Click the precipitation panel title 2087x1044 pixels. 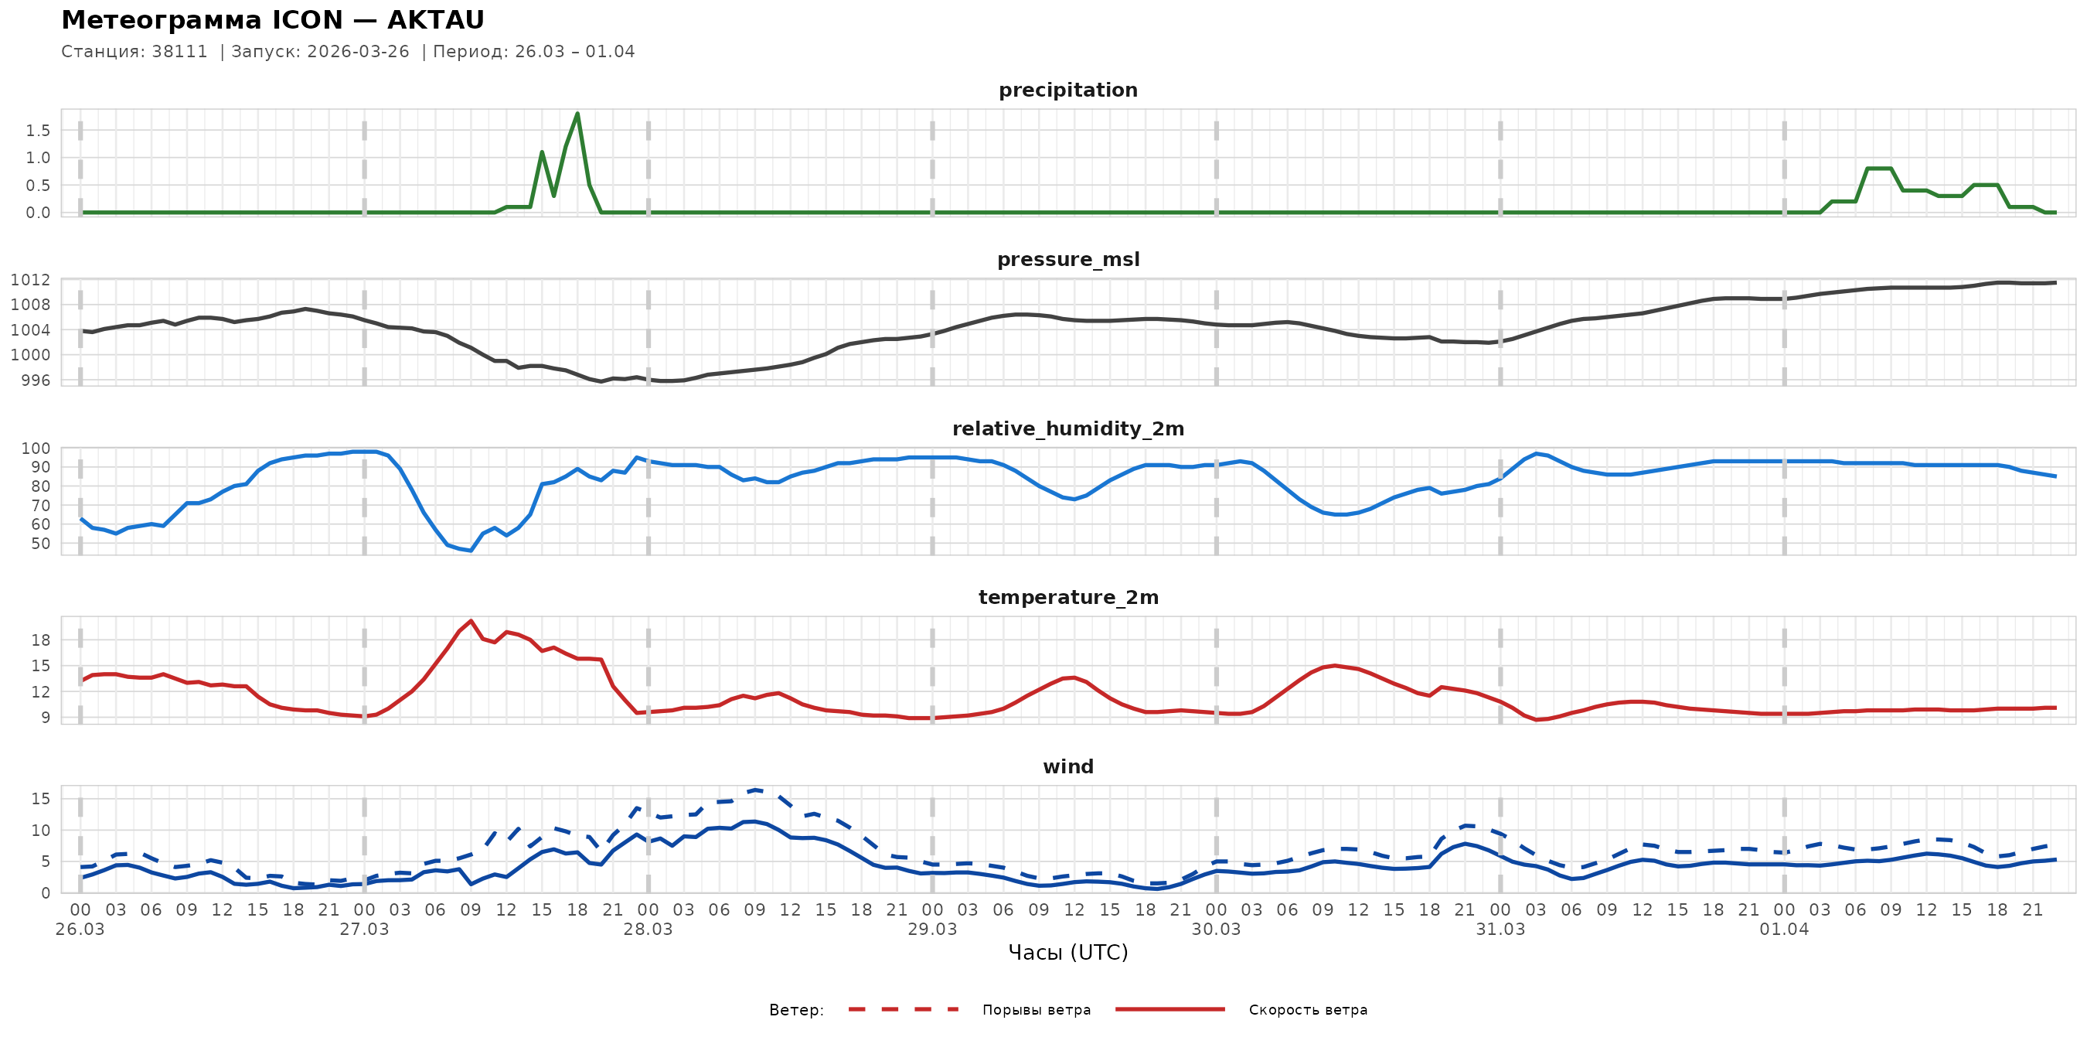point(1067,90)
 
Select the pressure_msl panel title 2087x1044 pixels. point(1067,259)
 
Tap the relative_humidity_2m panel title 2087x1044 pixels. point(1067,428)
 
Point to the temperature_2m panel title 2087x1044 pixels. point(1067,597)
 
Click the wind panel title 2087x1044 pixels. point(1067,767)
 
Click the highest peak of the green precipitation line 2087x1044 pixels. point(577,114)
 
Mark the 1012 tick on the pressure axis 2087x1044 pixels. point(30,280)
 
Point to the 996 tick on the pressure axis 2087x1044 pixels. point(35,380)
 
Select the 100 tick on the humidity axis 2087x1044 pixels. point(36,449)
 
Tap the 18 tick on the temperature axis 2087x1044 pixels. point(40,640)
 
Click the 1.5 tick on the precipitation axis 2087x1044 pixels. point(37,131)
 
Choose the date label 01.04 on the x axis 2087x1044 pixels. point(1783,930)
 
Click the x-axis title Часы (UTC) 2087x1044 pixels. point(1067,953)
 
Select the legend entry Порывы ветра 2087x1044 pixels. point(1037,1010)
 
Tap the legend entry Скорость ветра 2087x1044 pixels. point(1308,1010)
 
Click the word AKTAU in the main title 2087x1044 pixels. point(436,19)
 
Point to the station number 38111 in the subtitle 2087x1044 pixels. point(180,52)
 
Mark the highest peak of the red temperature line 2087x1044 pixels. point(471,621)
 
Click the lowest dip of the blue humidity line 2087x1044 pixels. point(471,551)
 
